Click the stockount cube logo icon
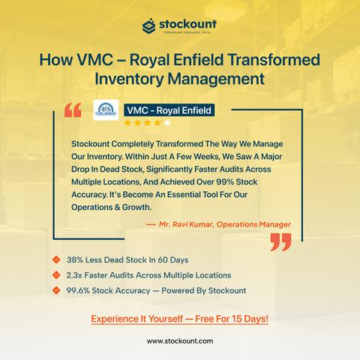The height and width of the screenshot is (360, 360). point(149,26)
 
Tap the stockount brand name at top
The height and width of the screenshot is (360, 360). point(187,25)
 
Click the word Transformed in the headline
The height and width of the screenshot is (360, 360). point(274,60)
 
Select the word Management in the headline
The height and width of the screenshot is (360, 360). point(216,79)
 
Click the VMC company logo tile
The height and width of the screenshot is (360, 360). point(106,110)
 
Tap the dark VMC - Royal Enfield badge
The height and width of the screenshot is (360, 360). point(169,110)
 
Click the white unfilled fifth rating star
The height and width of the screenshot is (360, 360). point(167,123)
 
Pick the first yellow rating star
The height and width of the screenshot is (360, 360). point(127,123)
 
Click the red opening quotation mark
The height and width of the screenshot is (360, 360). point(73,110)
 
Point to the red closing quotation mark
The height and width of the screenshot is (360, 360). point(281,242)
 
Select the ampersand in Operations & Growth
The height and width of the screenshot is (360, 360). point(117,207)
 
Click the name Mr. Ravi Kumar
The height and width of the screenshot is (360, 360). point(186,224)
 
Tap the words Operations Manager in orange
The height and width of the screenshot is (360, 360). point(253,224)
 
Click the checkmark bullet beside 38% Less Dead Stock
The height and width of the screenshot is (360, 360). point(56,259)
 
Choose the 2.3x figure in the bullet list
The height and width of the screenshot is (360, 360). point(74,275)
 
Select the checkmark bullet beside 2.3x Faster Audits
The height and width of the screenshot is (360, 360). point(56,275)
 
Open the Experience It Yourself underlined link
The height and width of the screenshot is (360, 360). point(179,319)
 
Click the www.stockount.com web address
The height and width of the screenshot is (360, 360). point(180,341)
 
